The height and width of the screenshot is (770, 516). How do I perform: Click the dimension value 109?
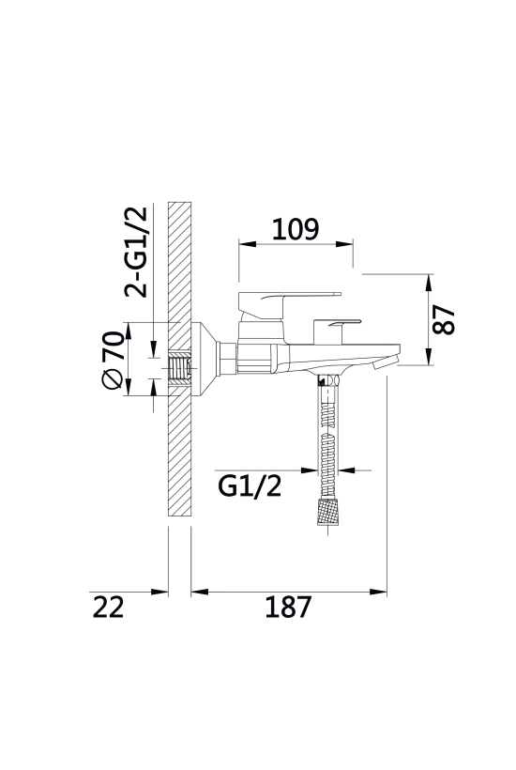(x=296, y=229)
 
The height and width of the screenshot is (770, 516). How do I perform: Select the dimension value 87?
(x=444, y=319)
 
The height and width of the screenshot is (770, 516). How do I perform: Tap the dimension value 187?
(x=288, y=607)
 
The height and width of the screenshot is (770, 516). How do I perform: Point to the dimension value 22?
(x=109, y=607)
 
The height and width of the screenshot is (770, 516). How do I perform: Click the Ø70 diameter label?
(x=113, y=360)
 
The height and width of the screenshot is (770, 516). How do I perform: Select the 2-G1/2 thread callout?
(x=136, y=252)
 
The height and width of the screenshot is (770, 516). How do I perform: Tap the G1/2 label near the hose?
(x=250, y=486)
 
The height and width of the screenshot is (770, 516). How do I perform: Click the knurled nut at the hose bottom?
(x=327, y=511)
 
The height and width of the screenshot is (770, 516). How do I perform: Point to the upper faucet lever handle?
(x=289, y=301)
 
